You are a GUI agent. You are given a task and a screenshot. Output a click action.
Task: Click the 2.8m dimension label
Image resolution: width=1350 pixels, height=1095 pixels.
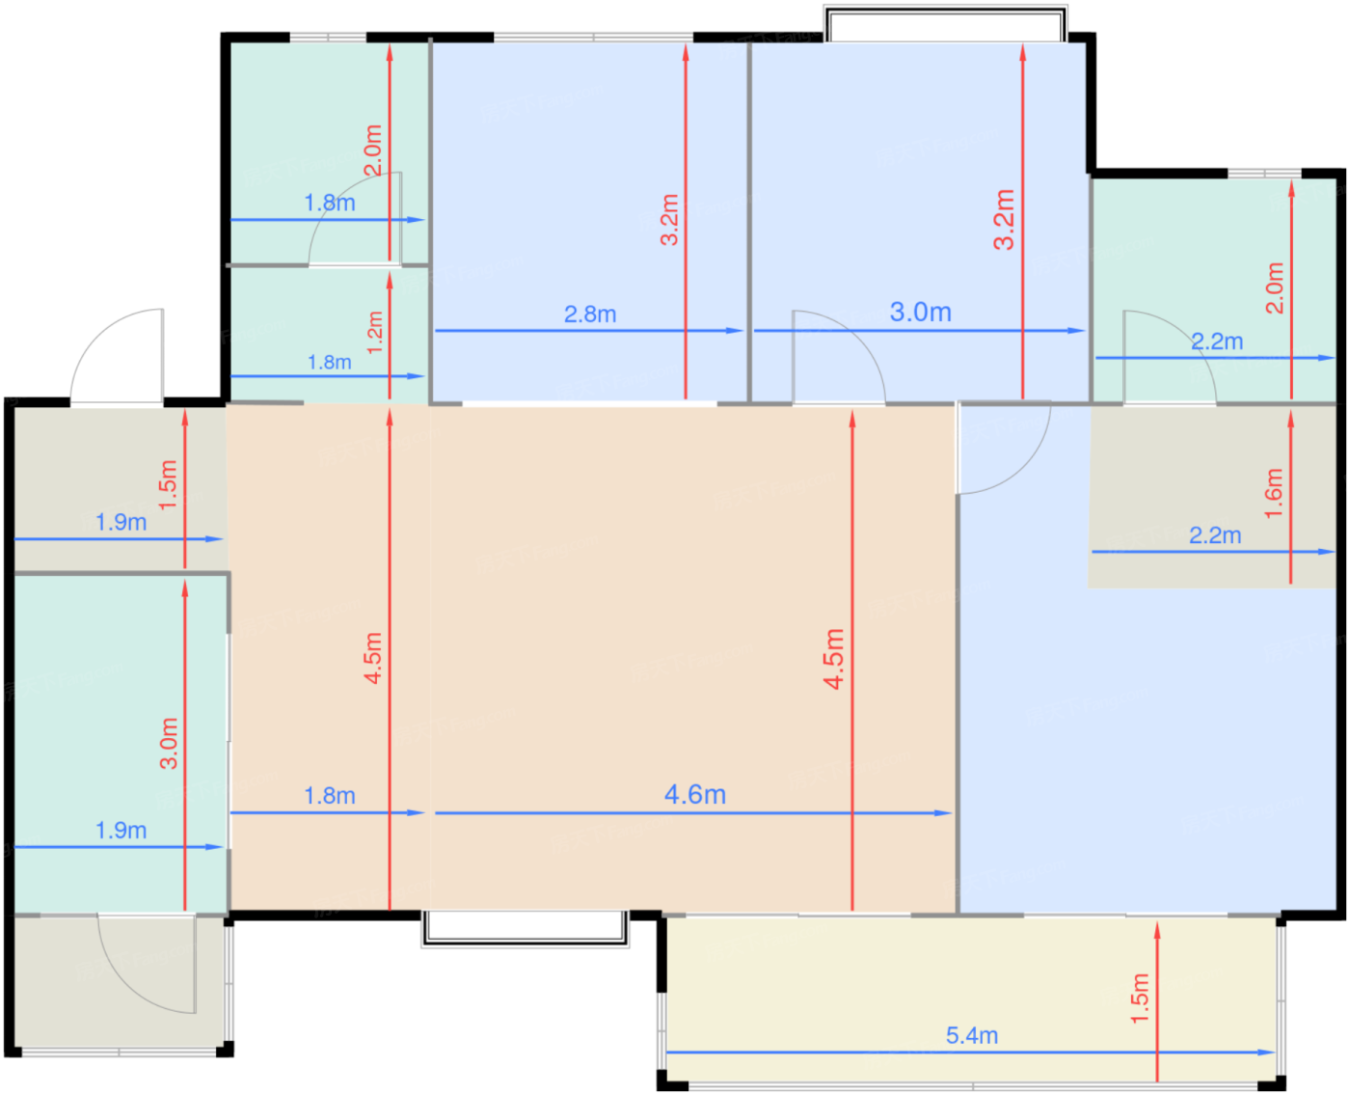[589, 314]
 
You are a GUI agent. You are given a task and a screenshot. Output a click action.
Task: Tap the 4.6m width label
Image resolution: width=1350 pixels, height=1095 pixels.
[694, 794]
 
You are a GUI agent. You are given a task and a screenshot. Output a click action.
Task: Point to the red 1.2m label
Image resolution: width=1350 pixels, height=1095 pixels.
[374, 332]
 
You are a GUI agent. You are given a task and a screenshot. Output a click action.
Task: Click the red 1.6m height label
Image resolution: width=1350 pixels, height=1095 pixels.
[1273, 493]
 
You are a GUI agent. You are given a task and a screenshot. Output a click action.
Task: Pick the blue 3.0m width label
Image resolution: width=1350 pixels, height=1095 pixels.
[920, 312]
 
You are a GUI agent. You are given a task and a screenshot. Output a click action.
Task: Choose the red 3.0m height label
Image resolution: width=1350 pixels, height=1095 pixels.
[169, 744]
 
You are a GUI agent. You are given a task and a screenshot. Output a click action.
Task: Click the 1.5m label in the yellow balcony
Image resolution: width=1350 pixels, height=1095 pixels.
[1139, 998]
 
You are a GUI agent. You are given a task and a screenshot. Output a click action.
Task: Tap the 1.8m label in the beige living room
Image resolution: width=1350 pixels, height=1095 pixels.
[330, 795]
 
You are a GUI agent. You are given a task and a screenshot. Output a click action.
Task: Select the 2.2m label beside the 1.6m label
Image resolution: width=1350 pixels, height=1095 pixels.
[1214, 535]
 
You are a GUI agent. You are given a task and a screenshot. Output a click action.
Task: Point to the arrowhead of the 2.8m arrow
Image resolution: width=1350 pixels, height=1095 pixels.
[734, 330]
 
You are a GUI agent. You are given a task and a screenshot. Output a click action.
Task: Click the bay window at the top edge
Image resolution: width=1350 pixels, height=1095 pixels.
[945, 23]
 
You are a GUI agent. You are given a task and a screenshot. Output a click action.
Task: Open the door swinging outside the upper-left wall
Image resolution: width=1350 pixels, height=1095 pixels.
[118, 356]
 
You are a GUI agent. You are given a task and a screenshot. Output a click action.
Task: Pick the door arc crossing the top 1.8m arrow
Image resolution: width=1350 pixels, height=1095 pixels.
[336, 197]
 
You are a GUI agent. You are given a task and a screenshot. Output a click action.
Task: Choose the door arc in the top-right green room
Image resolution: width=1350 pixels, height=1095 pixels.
[1186, 336]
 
